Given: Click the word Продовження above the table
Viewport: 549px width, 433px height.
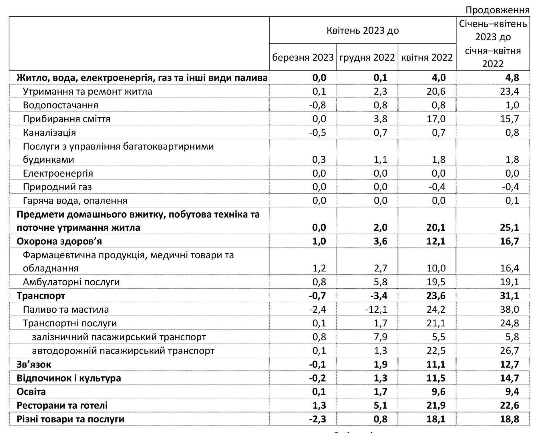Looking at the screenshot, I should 498,10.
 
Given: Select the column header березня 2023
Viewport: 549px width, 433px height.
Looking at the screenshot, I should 303,57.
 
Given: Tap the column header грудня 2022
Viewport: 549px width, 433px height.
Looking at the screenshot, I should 367,57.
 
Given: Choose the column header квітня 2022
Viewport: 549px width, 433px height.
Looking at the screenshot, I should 427,57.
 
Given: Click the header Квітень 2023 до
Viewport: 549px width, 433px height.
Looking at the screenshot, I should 363,31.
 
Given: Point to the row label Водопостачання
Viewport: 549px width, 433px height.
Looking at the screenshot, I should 60,105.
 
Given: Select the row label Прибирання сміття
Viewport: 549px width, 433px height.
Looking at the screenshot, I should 66,119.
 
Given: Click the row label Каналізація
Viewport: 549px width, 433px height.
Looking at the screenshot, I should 49,133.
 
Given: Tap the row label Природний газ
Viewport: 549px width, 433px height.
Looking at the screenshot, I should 57,187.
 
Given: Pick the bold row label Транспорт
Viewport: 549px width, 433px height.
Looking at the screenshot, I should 41,296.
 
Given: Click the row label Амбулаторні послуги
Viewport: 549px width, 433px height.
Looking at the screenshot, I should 71,282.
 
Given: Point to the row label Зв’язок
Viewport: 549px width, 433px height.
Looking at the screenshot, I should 34,364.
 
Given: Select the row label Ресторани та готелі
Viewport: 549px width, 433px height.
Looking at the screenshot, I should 62,405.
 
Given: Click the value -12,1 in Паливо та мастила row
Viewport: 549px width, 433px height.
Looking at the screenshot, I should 376,310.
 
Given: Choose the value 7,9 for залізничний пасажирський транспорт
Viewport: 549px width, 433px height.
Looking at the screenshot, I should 381,337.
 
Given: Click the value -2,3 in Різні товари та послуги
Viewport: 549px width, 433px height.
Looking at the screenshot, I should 317,419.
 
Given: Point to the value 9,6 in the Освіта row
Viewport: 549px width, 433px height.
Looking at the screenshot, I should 439,392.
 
